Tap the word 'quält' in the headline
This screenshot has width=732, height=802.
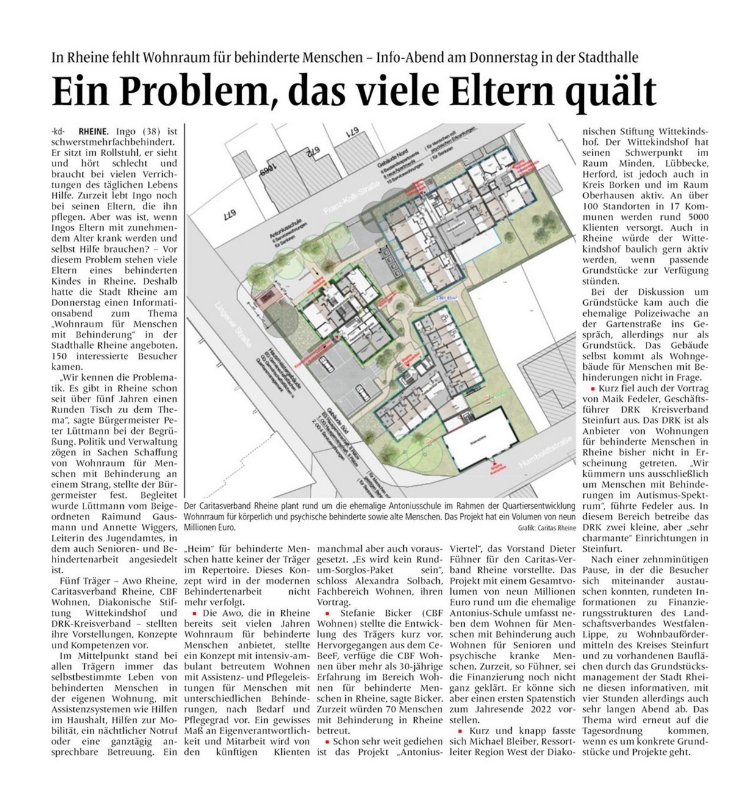(610, 92)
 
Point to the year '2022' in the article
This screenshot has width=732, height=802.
(534, 709)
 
